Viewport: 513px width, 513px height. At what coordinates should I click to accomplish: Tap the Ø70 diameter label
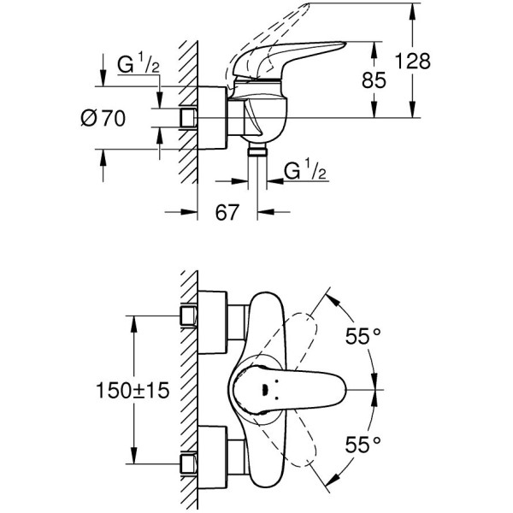click(x=103, y=120)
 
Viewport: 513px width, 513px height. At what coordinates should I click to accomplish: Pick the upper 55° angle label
click(x=363, y=336)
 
